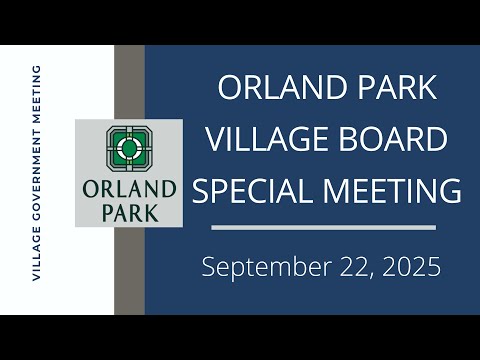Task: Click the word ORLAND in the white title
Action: (282, 87)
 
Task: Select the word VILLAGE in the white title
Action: (267, 139)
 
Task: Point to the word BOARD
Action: (393, 139)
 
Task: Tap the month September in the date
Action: (267, 267)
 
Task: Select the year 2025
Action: (411, 267)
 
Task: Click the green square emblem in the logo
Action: (129, 149)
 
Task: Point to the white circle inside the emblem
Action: (129, 149)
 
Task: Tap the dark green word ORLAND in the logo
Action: (129, 189)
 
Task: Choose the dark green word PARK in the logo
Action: (130, 213)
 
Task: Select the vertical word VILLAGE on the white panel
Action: (36, 254)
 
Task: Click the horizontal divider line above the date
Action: (323, 228)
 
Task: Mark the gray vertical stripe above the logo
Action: (129, 82)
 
